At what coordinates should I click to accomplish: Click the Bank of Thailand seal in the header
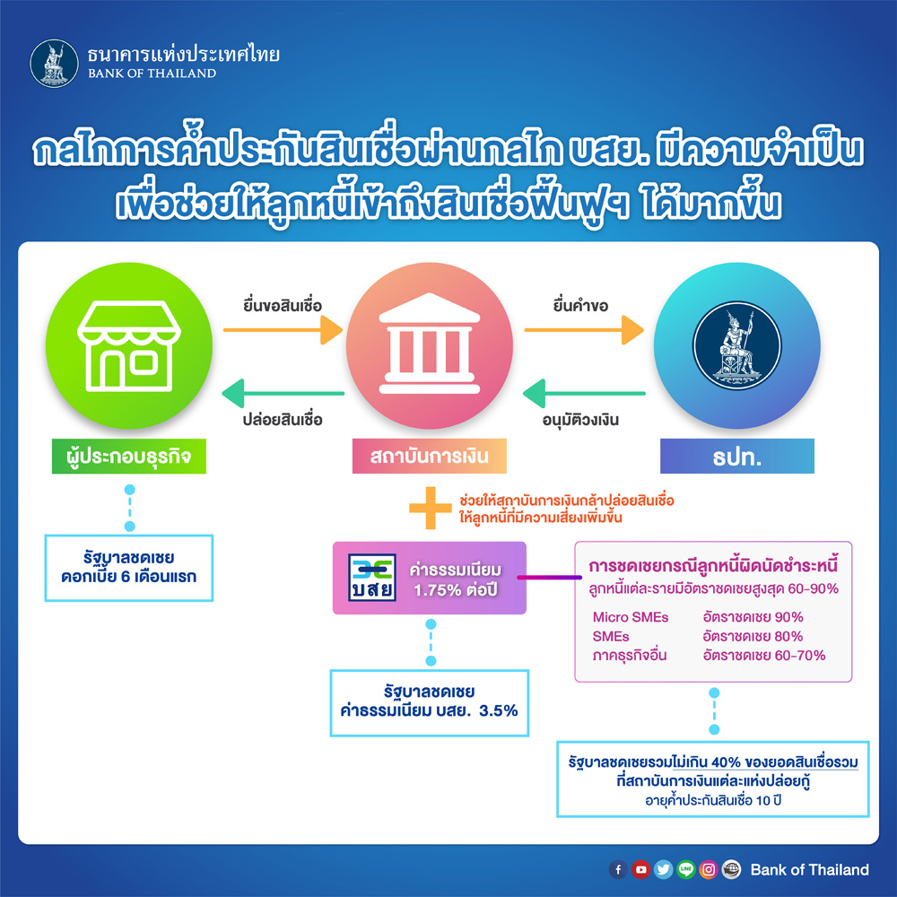[x=55, y=64]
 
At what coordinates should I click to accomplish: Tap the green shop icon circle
[x=129, y=345]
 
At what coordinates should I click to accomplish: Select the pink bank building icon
[x=429, y=345]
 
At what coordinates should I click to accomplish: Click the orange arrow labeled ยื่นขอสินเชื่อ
[x=283, y=330]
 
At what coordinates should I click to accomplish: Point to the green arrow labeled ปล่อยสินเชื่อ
[x=283, y=394]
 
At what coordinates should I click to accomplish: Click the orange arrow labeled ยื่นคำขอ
[x=584, y=330]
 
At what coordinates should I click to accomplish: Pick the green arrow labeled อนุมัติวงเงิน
[x=584, y=394]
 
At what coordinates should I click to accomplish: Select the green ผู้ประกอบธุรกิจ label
[x=128, y=456]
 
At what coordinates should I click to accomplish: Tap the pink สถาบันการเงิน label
[x=429, y=456]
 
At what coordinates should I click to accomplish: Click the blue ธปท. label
[x=736, y=456]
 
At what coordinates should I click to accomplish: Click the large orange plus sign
[x=431, y=508]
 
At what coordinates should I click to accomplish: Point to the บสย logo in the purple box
[x=372, y=577]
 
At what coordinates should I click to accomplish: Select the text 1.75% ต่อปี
[x=456, y=590]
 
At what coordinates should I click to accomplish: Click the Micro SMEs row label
[x=631, y=617]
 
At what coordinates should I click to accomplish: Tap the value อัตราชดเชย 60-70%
[x=764, y=655]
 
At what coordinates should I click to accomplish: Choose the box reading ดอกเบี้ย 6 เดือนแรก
[x=128, y=568]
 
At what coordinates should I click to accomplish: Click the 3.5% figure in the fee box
[x=498, y=710]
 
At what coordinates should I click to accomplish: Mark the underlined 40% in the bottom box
[x=726, y=762]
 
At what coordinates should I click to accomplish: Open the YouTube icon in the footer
[x=640, y=869]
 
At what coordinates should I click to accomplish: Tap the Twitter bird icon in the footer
[x=663, y=869]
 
